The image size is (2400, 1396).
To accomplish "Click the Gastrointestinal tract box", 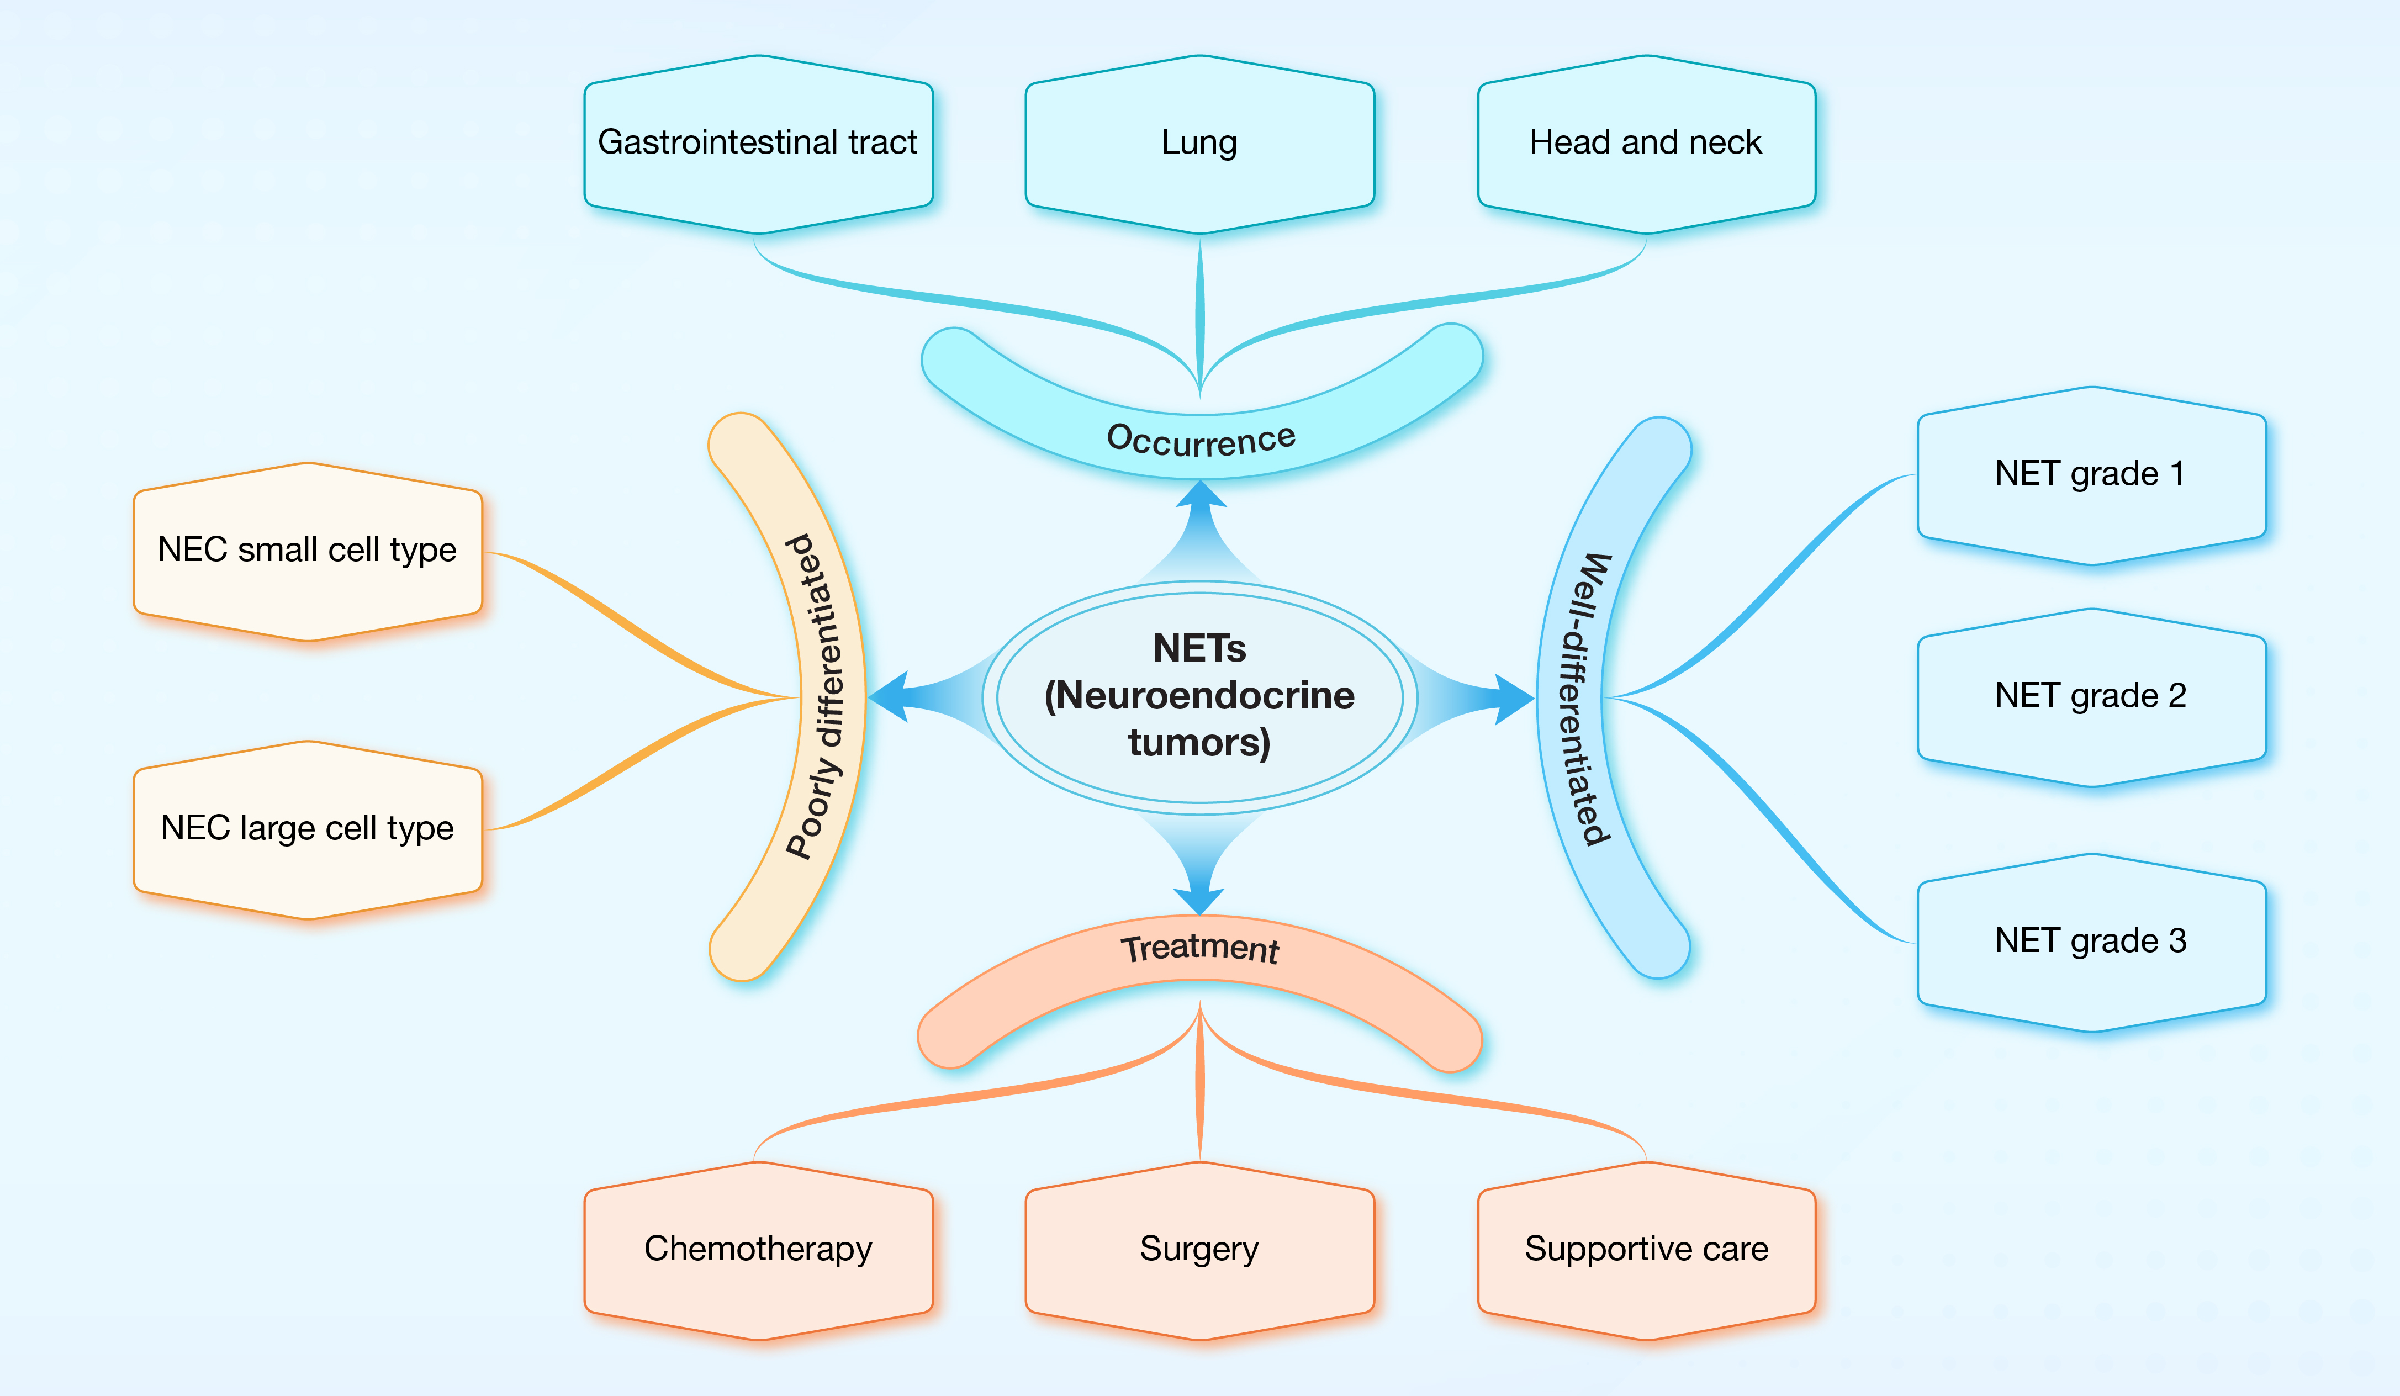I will tap(758, 144).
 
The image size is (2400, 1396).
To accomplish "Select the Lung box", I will tap(1199, 144).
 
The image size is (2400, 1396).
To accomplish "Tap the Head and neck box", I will tap(1646, 144).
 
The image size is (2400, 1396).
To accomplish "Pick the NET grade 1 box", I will tap(2091, 474).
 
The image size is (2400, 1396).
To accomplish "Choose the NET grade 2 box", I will tap(2091, 696).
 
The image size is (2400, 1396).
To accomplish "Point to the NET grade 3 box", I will tap(2091, 942).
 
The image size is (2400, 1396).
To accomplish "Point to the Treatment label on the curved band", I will tap(1200, 949).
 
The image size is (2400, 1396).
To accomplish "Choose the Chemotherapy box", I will tap(758, 1249).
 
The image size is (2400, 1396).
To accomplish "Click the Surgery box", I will tap(1199, 1249).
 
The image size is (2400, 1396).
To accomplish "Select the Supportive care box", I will tap(1646, 1249).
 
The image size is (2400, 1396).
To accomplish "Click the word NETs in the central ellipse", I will tap(1199, 648).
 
